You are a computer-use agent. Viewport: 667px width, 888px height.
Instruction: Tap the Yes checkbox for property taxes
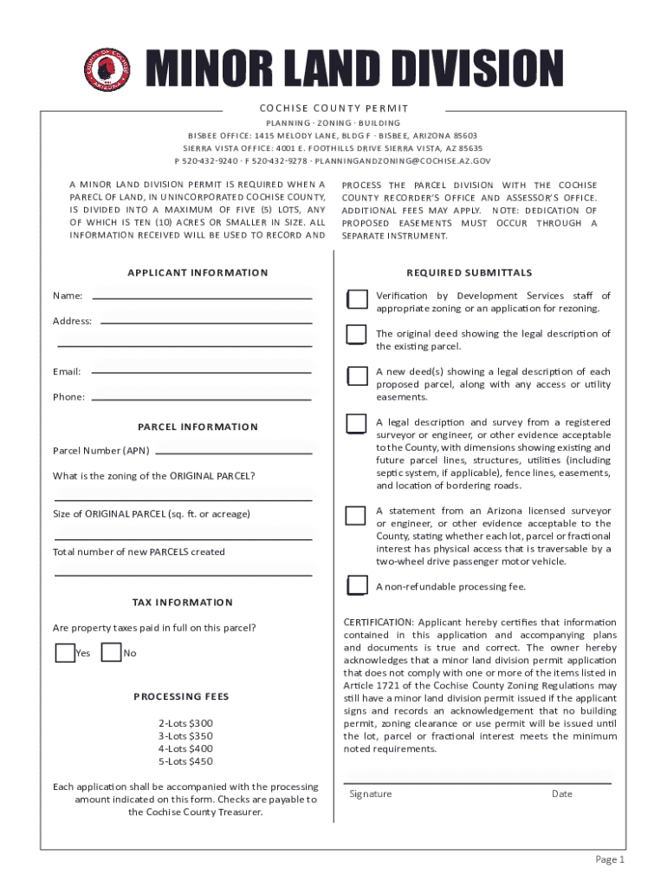point(65,653)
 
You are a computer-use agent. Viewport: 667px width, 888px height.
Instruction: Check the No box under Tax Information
point(111,653)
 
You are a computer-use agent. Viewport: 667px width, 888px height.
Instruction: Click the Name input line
point(202,297)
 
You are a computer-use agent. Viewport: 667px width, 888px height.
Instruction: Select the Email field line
point(201,372)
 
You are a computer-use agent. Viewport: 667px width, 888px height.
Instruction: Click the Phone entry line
point(201,398)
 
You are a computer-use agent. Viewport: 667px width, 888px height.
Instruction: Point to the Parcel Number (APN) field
point(232,451)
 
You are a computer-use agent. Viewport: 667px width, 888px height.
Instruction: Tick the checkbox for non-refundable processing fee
point(355,586)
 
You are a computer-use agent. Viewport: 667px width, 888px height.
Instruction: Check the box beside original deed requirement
point(355,335)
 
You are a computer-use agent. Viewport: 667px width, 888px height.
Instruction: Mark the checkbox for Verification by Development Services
point(355,299)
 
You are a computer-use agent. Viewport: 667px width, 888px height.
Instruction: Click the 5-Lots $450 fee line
point(185,761)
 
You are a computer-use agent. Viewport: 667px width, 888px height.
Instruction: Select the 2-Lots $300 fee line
point(185,723)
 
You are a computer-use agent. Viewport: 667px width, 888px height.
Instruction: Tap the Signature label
point(371,794)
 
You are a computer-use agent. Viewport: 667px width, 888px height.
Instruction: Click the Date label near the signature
point(562,794)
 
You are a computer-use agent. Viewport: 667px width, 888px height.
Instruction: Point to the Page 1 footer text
point(609,859)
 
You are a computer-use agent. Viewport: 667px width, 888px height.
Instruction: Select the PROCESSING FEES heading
point(181,696)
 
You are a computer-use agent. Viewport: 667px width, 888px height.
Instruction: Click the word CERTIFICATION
point(377,623)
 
